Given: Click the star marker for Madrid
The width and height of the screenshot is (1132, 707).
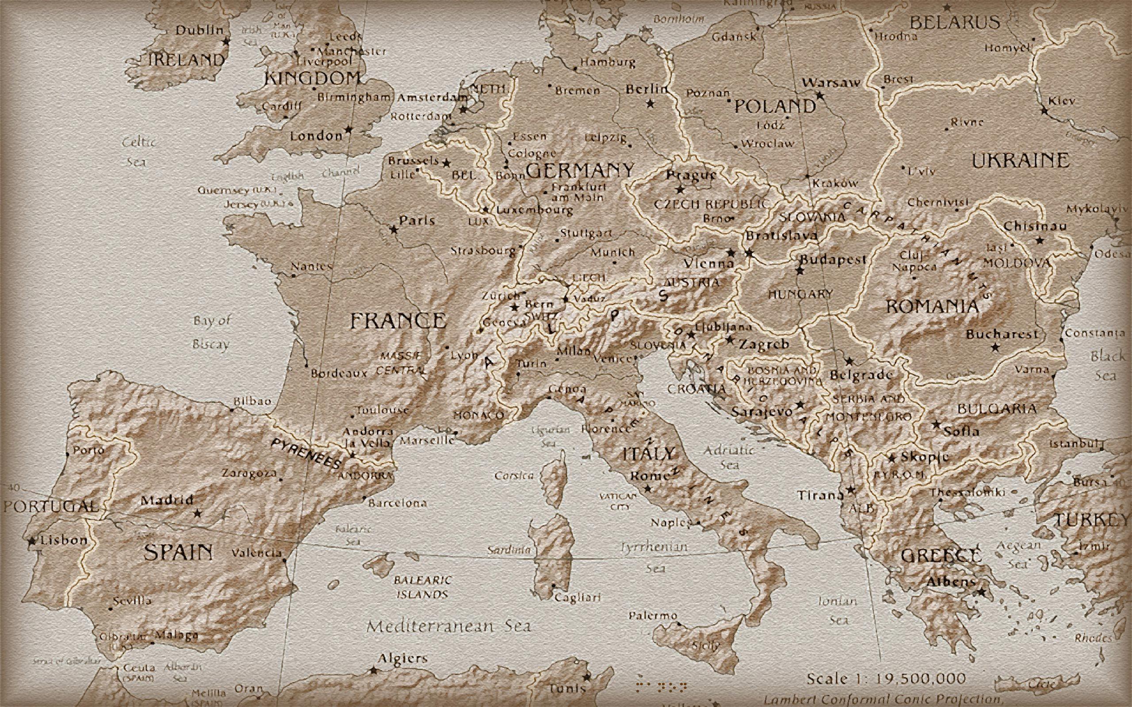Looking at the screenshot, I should [197, 513].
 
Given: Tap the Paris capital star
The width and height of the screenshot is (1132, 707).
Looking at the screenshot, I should [394, 230].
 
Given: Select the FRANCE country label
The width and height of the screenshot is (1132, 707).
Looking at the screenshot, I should [398, 321].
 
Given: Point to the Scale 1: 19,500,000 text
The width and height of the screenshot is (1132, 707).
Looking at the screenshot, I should [886, 678].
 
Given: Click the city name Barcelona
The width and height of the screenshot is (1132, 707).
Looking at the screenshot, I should [398, 504].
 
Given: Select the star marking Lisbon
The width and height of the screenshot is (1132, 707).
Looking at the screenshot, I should [32, 541].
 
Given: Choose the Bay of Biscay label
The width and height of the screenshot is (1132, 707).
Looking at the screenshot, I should [212, 332].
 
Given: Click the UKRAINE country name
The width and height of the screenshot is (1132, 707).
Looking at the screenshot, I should [1021, 161].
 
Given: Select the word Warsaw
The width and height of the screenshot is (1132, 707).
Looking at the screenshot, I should [831, 83].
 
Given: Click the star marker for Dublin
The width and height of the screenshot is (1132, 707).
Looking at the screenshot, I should [226, 42].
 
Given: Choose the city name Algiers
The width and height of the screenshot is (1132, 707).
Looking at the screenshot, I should [402, 659].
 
